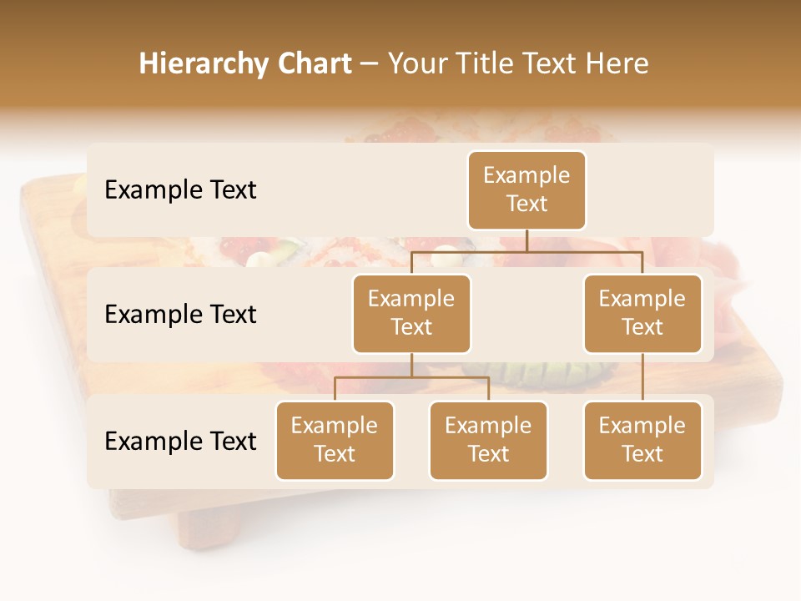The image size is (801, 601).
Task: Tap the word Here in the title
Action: [x=617, y=64]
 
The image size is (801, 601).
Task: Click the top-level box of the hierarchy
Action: [x=526, y=189]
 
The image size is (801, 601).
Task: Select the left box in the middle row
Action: [x=411, y=313]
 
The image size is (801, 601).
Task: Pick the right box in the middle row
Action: [x=642, y=313]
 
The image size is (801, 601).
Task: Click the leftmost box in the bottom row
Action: [x=335, y=440]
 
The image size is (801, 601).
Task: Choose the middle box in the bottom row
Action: [x=488, y=440]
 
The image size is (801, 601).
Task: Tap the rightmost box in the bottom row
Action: [x=642, y=440]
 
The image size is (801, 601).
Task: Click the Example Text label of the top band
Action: [x=180, y=190]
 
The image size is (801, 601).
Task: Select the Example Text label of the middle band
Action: [x=180, y=315]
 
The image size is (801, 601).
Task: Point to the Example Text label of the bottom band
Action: [x=180, y=441]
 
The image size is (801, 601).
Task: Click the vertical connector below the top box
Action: [x=526, y=240]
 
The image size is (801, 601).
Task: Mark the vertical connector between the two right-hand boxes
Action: [x=642, y=377]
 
